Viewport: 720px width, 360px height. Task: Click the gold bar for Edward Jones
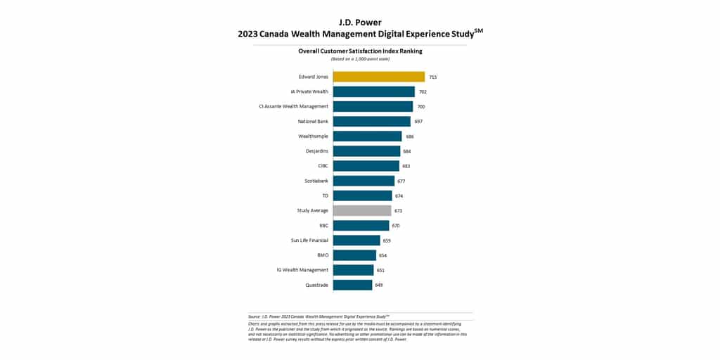(x=378, y=77)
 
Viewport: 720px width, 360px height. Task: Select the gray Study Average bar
(x=362, y=210)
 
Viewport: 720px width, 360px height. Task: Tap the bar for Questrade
(x=352, y=285)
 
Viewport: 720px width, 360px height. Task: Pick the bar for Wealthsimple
(x=367, y=136)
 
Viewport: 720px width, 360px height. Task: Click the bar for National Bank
(x=371, y=121)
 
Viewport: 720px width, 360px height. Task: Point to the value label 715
(x=433, y=77)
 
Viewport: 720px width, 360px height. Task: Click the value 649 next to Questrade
(x=379, y=285)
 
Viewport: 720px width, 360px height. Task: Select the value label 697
(x=418, y=121)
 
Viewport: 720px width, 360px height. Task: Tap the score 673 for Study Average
(x=399, y=210)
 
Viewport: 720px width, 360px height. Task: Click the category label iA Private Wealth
(x=309, y=91)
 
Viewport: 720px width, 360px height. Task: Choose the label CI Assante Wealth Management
(x=293, y=106)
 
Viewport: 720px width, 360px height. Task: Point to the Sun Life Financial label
(x=309, y=240)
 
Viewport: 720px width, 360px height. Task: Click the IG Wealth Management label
(x=304, y=270)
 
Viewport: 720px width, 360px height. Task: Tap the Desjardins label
(x=316, y=151)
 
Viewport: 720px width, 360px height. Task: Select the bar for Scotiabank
(x=364, y=181)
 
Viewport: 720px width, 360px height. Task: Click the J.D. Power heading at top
(x=359, y=22)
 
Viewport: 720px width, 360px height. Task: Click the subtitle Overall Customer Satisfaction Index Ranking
(x=360, y=51)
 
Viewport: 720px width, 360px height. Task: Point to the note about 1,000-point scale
(x=360, y=58)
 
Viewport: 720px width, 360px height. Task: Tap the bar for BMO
(x=354, y=255)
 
